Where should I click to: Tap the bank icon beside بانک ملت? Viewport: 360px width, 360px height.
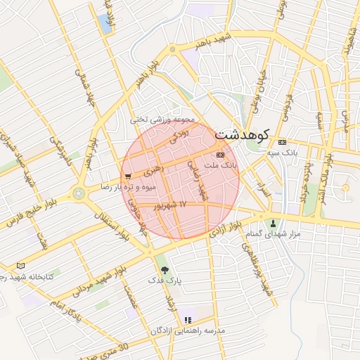point(220,153)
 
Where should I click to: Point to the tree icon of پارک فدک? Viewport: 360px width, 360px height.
point(165,269)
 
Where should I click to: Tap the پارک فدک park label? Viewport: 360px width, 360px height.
point(165,281)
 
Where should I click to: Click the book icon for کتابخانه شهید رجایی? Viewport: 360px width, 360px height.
point(20,266)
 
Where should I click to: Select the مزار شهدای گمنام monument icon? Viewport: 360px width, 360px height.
point(273,224)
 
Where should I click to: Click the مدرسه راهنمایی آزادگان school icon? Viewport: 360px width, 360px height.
point(187,320)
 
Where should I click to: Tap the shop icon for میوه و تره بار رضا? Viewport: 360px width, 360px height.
point(127,176)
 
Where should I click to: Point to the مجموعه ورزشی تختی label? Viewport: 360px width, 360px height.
point(161,120)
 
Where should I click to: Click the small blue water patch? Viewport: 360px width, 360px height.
point(107,22)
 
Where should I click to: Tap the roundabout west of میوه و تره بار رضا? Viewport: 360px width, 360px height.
point(78,192)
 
